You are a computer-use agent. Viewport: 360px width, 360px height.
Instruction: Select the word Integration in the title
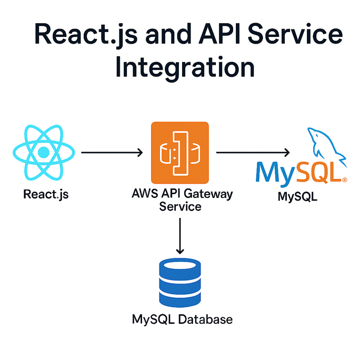tap(185, 68)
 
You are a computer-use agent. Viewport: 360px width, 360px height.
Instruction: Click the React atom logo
tap(44, 153)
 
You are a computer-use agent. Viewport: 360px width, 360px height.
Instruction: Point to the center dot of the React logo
tap(44, 153)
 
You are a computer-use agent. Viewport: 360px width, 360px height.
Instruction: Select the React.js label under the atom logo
tap(46, 194)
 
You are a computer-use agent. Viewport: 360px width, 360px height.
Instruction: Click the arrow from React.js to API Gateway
tap(112, 153)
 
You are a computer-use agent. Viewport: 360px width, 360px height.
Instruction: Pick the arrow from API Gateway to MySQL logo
tap(253, 153)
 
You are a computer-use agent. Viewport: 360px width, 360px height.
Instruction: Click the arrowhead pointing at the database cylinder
tap(180, 249)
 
